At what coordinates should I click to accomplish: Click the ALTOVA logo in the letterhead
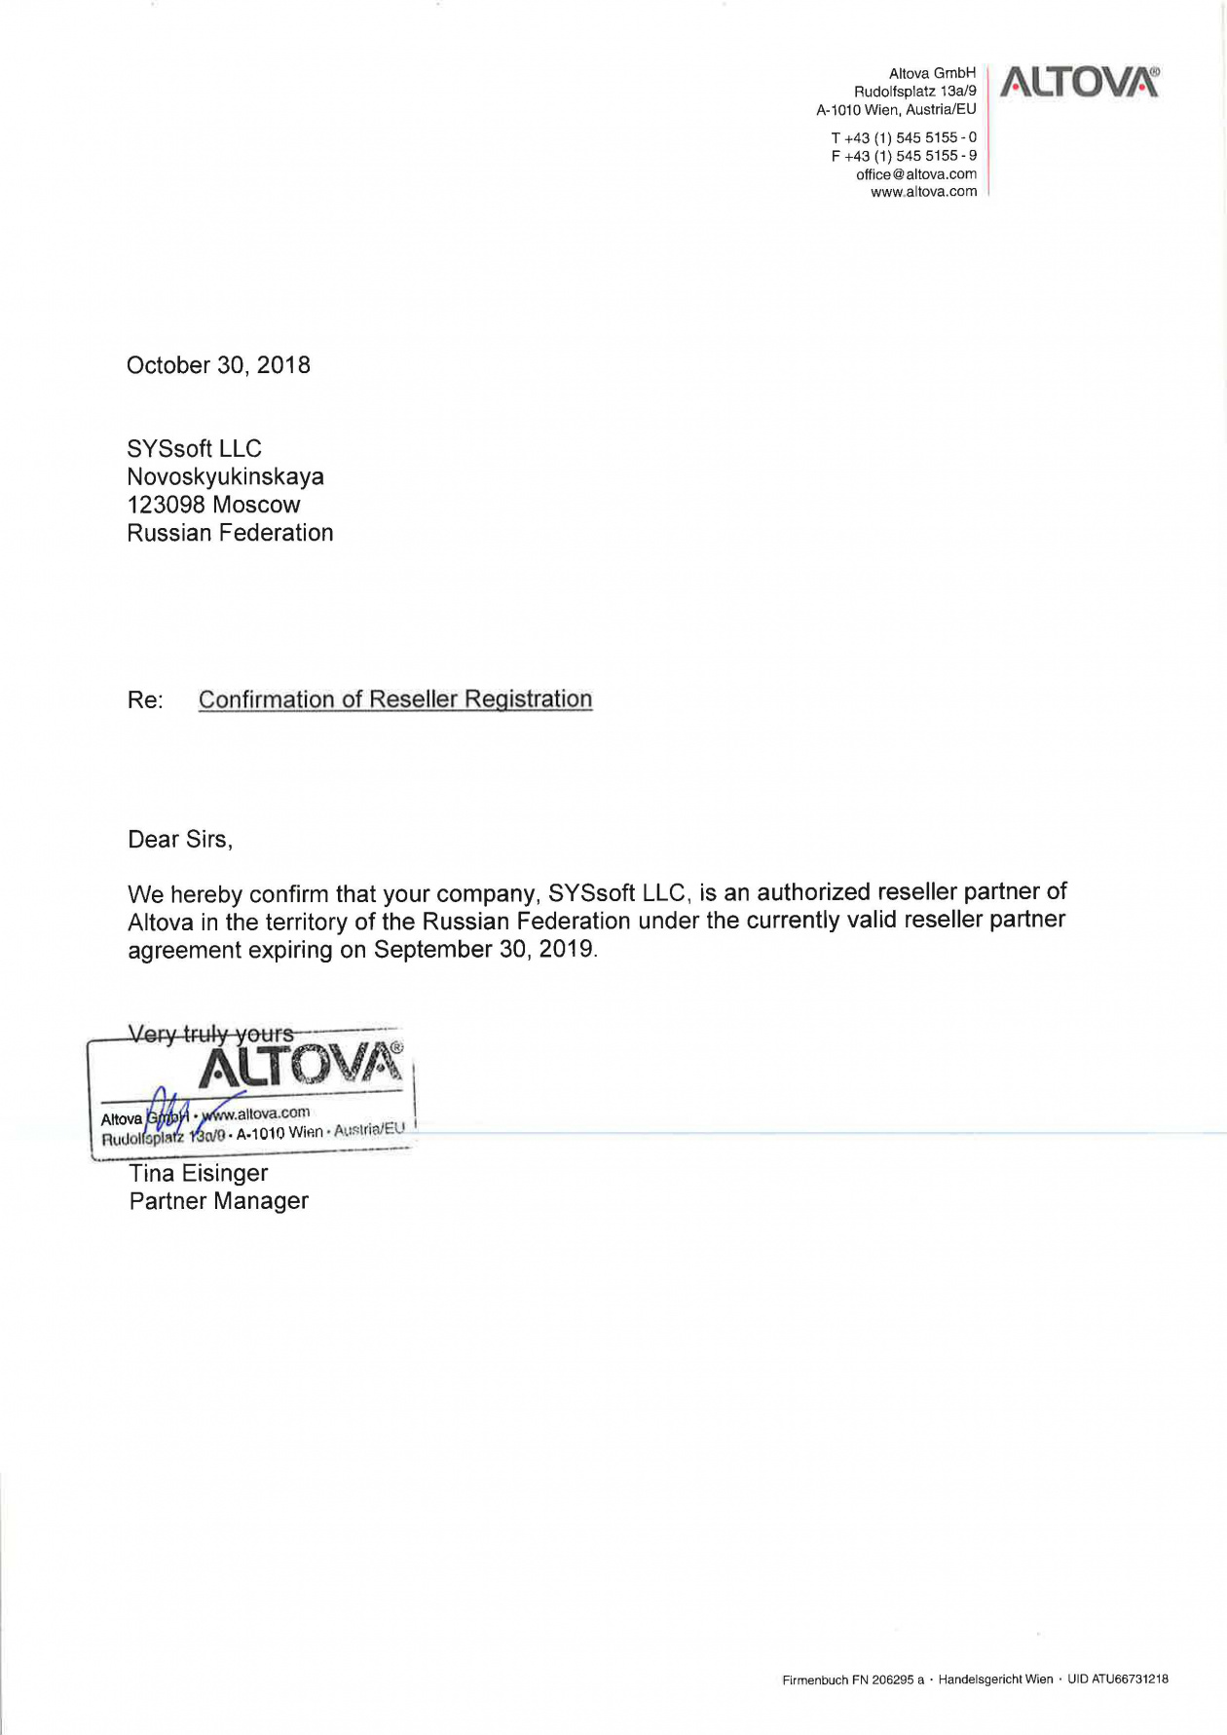(x=1079, y=82)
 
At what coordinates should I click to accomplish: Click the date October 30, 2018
(x=218, y=365)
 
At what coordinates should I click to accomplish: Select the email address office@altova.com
(x=915, y=174)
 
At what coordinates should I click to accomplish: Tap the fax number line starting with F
(x=903, y=156)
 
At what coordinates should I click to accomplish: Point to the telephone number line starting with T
(x=903, y=137)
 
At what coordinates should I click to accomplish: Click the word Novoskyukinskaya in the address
(x=225, y=477)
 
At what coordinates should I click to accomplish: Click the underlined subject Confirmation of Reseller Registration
(x=394, y=699)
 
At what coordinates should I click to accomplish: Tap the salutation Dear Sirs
(x=180, y=840)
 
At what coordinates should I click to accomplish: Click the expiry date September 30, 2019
(x=483, y=950)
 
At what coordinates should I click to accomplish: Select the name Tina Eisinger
(x=198, y=1174)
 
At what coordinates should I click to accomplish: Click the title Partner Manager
(x=218, y=1201)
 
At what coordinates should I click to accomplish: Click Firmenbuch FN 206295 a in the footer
(x=852, y=1679)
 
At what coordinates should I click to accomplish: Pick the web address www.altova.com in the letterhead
(x=923, y=192)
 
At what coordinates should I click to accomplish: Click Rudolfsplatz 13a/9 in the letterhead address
(x=914, y=92)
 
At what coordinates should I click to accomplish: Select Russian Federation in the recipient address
(x=230, y=533)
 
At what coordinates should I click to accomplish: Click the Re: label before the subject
(x=145, y=700)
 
